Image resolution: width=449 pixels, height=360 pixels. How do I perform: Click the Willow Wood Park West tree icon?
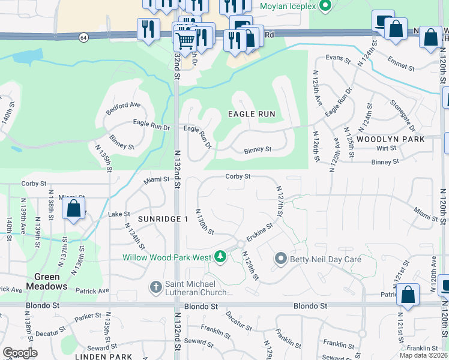220,257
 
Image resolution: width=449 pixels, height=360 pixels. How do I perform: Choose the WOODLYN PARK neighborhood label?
390,139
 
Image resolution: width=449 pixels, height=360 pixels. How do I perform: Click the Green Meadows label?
46,281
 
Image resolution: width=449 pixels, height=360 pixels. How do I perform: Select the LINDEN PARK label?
103,356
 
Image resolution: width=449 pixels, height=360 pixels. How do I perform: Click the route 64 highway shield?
82,37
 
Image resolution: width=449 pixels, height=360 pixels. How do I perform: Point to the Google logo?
20,353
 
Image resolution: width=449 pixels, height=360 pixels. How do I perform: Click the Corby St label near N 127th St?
238,176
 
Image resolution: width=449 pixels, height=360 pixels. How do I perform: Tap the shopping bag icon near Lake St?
74,209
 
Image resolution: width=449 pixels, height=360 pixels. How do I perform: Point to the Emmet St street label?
401,64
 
